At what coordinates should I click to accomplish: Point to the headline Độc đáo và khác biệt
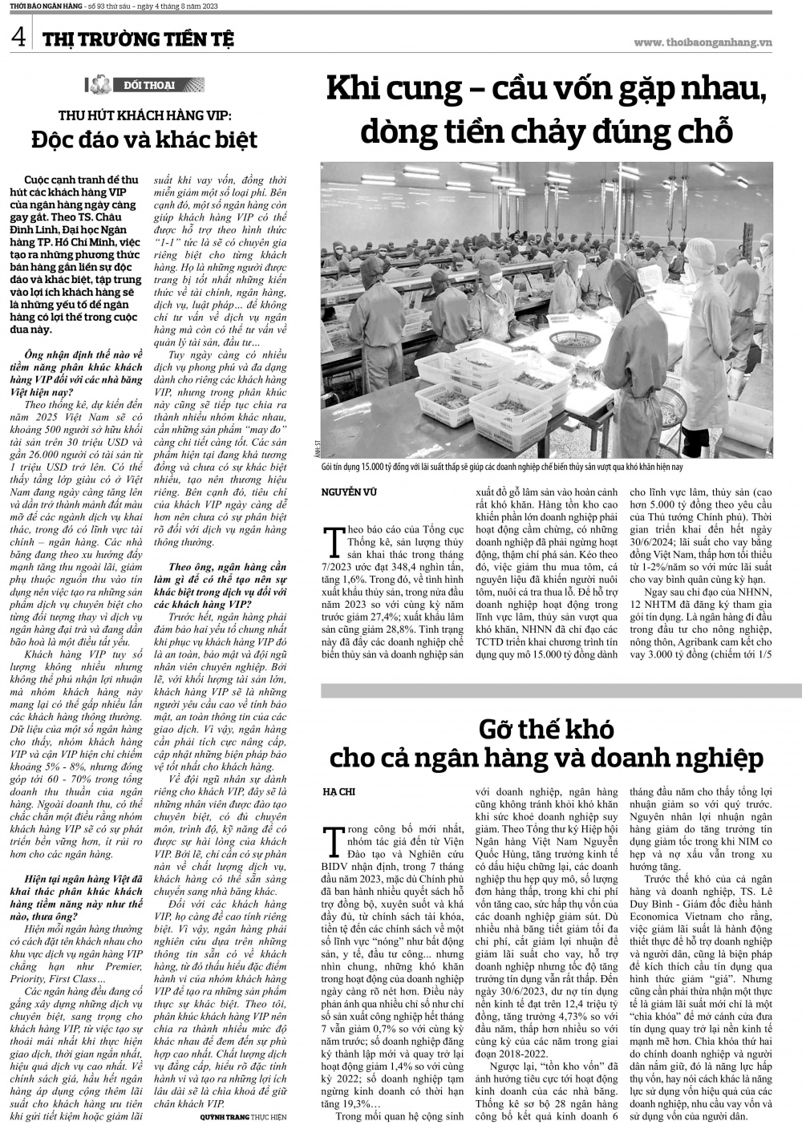point(144,139)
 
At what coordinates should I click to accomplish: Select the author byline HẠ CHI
point(338,791)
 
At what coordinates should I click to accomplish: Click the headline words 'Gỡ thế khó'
point(545,729)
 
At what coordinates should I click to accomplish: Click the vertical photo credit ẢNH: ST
point(319,451)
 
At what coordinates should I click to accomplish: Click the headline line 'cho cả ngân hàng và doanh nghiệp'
point(545,756)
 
